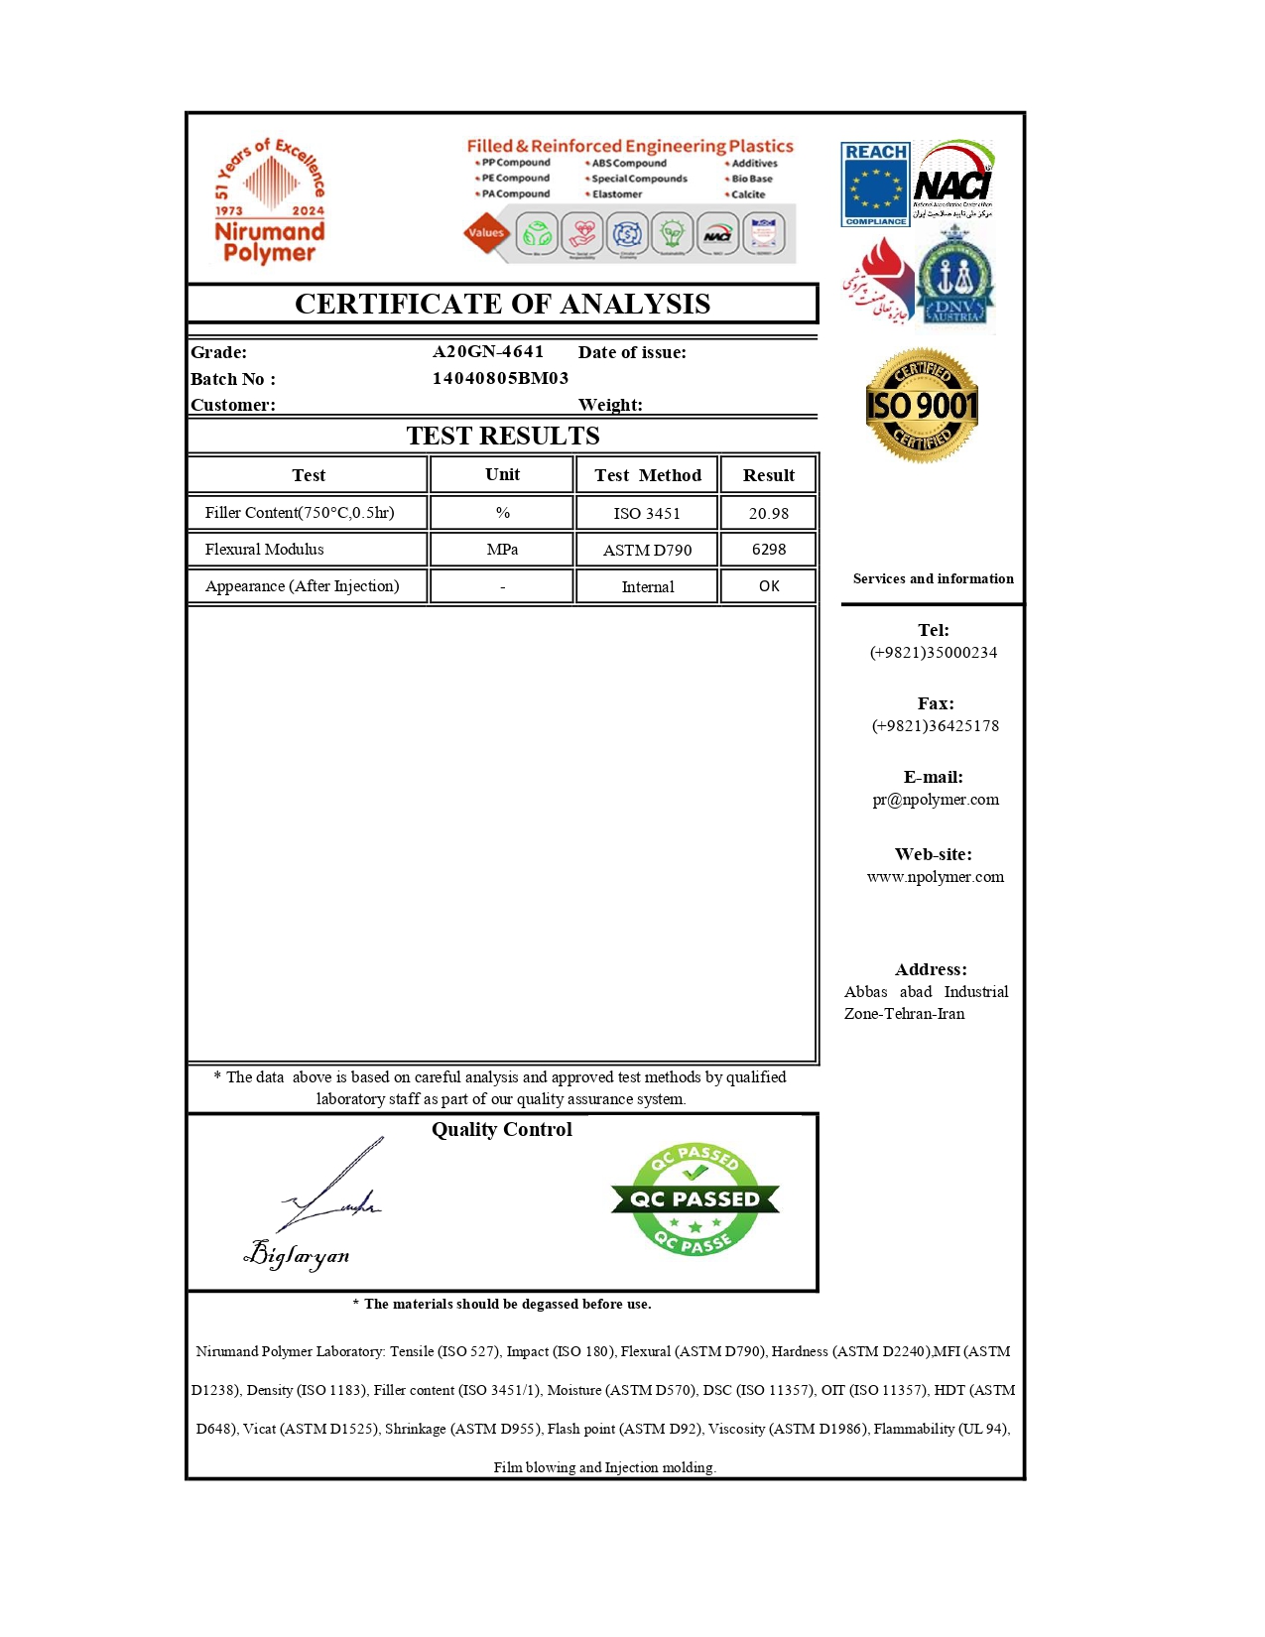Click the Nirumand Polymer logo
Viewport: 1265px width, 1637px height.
click(x=270, y=202)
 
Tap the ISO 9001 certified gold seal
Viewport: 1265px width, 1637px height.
click(x=922, y=405)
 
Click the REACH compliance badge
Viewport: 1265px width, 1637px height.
click(x=875, y=185)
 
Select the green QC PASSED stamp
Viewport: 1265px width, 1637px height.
click(x=695, y=1198)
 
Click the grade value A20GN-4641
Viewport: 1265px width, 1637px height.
click(x=488, y=351)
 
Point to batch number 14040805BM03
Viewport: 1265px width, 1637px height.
click(x=500, y=378)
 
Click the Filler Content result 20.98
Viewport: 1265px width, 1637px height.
click(x=768, y=513)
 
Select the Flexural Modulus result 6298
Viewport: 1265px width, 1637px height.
click(x=768, y=550)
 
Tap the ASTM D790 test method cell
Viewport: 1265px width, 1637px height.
click(x=647, y=550)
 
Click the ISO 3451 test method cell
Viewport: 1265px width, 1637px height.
click(x=647, y=513)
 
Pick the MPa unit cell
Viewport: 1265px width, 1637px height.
click(x=502, y=550)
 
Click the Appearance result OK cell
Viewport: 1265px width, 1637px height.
click(x=768, y=586)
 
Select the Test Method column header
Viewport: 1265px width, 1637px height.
click(x=647, y=475)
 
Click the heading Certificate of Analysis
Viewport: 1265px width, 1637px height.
click(x=502, y=304)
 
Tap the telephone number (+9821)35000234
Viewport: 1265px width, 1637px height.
click(x=933, y=653)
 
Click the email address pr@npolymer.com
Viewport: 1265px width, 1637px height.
click(x=935, y=800)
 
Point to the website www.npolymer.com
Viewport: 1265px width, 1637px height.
click(x=935, y=877)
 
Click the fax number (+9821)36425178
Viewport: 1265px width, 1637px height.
click(x=935, y=726)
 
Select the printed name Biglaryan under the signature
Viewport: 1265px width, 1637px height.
click(x=297, y=1256)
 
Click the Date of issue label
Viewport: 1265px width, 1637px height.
click(x=632, y=352)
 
